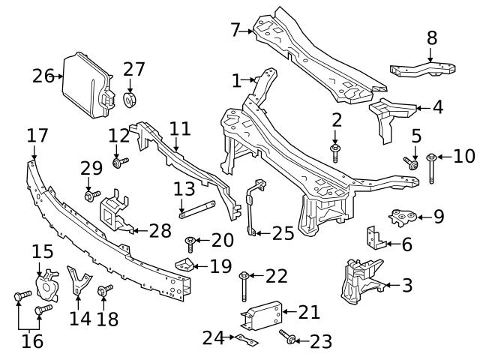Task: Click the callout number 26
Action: click(43, 76)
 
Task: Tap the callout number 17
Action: click(37, 136)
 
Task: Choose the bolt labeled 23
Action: click(289, 339)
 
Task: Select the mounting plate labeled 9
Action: click(406, 217)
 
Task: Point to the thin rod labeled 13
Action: click(197, 208)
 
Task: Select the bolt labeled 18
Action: click(105, 289)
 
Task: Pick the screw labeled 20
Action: click(190, 241)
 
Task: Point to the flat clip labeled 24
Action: click(244, 340)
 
